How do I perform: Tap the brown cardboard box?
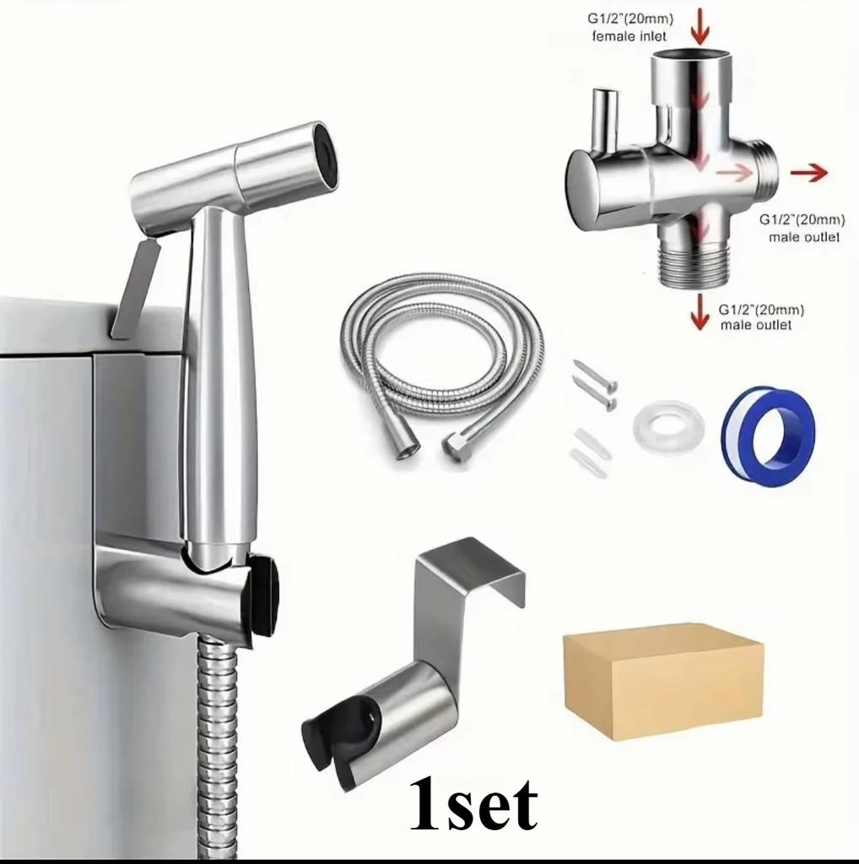tap(662, 680)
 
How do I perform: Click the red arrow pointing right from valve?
tap(808, 173)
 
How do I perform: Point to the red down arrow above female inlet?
tap(700, 25)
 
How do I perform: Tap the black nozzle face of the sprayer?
tap(324, 154)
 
